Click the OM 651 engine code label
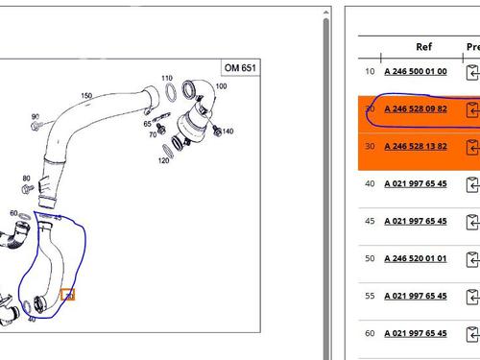click(237, 68)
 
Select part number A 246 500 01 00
click(416, 72)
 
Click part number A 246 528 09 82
click(416, 109)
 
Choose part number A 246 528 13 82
click(416, 147)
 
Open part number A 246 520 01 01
click(416, 259)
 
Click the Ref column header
click(423, 46)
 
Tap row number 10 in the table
click(370, 72)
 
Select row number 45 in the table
click(370, 222)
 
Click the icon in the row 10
click(472, 73)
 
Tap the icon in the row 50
click(472, 260)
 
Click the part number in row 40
click(416, 184)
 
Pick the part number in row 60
click(416, 334)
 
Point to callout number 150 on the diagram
click(87, 95)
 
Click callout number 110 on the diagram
click(166, 79)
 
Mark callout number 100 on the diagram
click(222, 86)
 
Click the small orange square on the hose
click(67, 295)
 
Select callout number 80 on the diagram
click(26, 178)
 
